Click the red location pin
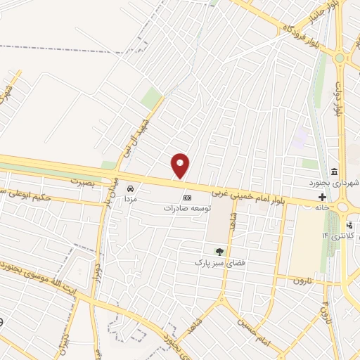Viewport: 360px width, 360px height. (x=181, y=165)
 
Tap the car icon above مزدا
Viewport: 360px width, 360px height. (x=130, y=188)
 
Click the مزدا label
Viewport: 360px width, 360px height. (x=130, y=199)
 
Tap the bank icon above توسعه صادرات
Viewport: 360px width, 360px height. (x=186, y=198)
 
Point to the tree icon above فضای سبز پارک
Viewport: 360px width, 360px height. (x=219, y=251)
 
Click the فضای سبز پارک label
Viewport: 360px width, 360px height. (x=218, y=262)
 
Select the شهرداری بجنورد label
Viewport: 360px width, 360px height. (x=337, y=183)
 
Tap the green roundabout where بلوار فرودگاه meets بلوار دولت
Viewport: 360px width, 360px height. (x=341, y=58)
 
